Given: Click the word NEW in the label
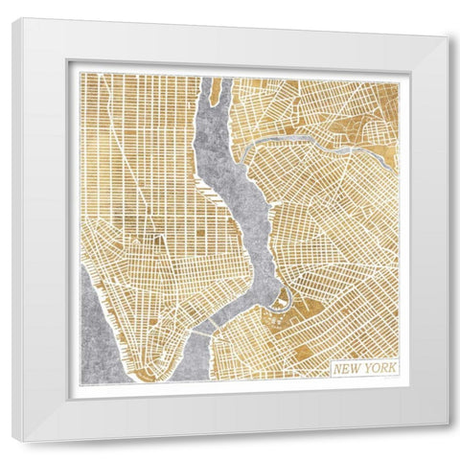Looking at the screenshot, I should [x=348, y=368].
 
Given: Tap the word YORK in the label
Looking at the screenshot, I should [x=379, y=368].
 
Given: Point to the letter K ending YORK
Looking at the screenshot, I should [x=393, y=368].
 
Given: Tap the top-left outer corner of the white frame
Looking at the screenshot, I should [x=13, y=18].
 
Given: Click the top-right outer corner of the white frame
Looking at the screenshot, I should [x=448, y=36].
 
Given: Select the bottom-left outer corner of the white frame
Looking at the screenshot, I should [x=26, y=442].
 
